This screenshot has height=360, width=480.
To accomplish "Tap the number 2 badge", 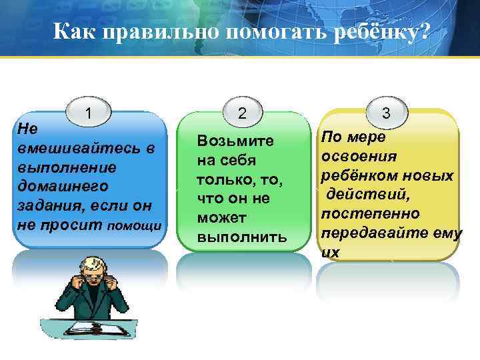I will point(242,113).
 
